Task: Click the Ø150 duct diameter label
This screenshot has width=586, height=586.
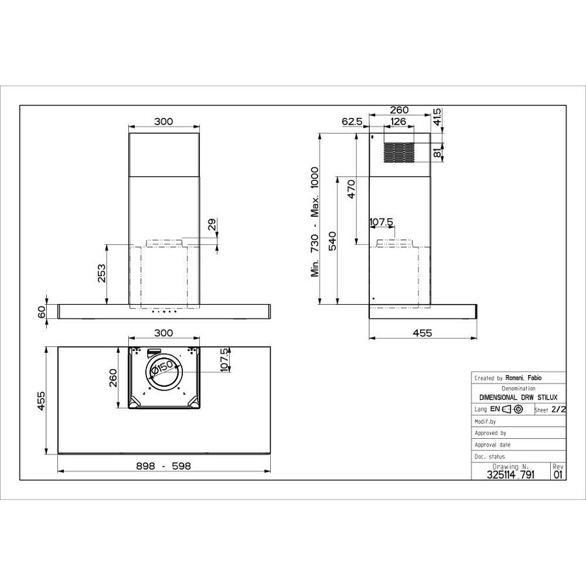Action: pyautogui.click(x=160, y=369)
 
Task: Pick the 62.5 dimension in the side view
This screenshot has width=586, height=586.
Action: pyautogui.click(x=352, y=121)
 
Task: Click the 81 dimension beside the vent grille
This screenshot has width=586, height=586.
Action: pyautogui.click(x=436, y=153)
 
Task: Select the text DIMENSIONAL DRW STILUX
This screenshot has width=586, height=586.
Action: pyautogui.click(x=518, y=397)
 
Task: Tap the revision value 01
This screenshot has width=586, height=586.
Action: pyautogui.click(x=558, y=475)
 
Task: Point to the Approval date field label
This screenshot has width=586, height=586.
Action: pyautogui.click(x=493, y=444)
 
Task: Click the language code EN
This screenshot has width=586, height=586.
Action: pyautogui.click(x=495, y=410)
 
